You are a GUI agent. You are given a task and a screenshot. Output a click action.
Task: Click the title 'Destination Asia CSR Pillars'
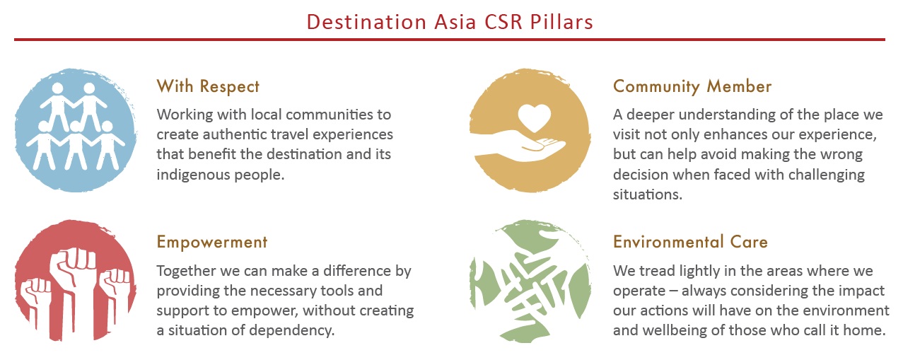point(450,22)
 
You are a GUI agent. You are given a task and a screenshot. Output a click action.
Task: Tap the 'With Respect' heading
point(208,86)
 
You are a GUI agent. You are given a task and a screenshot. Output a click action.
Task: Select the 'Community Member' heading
point(692,87)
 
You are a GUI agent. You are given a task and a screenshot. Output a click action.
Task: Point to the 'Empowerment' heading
point(212,243)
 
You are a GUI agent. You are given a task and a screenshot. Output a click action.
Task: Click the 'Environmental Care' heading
point(690,242)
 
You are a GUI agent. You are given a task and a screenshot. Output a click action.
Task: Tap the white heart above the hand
point(534,117)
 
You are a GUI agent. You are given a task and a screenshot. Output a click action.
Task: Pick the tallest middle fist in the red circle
point(73,290)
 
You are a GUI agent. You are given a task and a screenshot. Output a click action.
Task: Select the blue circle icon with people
point(76,130)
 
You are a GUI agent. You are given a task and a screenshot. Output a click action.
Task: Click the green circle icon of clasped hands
point(530,281)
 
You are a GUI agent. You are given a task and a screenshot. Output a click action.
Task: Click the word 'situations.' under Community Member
point(648,194)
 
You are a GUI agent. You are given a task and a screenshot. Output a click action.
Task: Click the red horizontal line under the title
point(450,40)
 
